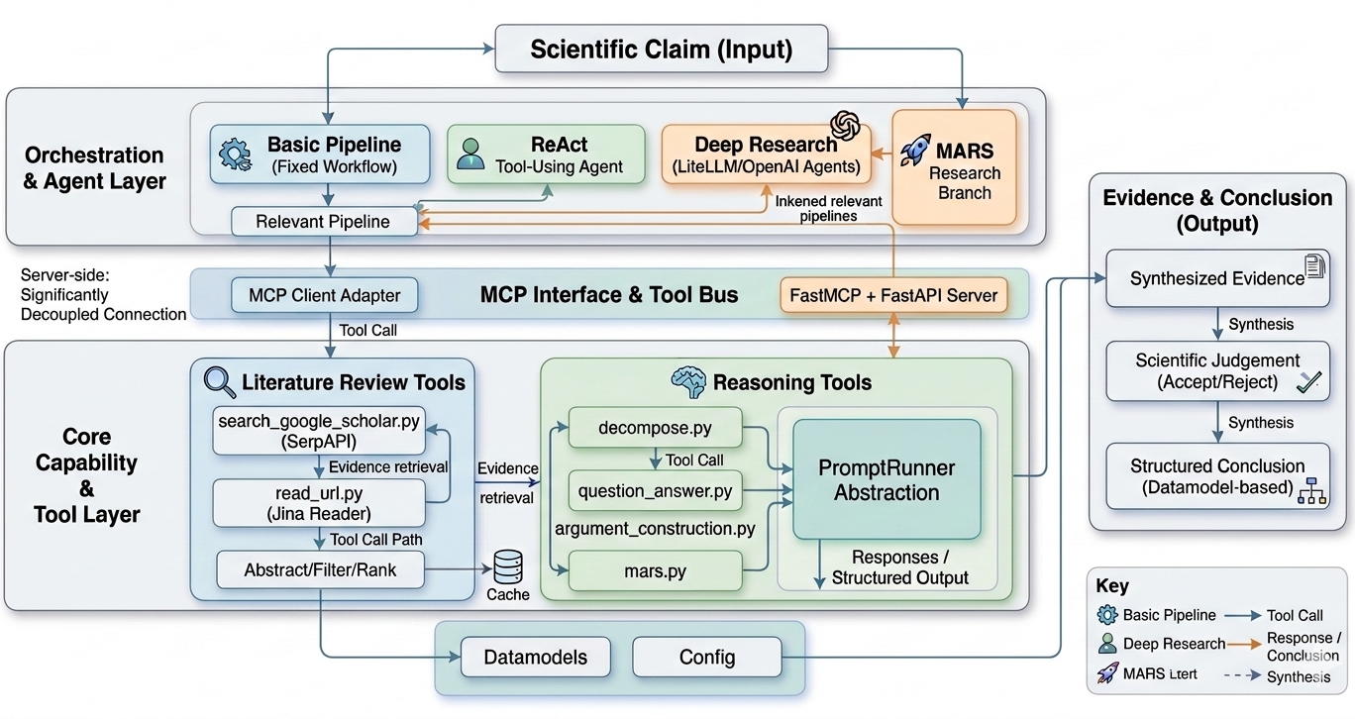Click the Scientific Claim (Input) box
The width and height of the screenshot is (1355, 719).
[x=661, y=50]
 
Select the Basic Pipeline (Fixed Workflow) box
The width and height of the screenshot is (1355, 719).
[x=320, y=154]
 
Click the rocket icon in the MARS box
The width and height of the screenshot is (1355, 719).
[x=916, y=150]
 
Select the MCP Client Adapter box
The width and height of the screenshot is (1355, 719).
[x=324, y=294]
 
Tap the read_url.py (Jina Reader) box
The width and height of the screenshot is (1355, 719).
[x=318, y=502]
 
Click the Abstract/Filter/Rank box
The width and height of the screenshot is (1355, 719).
[x=320, y=569]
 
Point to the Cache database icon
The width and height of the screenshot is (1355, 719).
[x=507, y=567]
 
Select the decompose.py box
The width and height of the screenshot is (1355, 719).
[x=655, y=429]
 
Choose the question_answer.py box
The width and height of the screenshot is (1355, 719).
[x=655, y=490]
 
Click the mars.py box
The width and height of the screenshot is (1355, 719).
[x=655, y=571]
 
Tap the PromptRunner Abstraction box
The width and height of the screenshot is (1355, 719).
[x=886, y=478]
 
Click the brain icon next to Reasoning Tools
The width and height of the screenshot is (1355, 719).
[x=687, y=381]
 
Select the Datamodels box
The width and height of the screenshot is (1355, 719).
[x=535, y=657]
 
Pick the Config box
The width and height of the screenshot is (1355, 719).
[x=706, y=657]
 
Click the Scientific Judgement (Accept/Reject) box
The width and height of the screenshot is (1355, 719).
[x=1217, y=371]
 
